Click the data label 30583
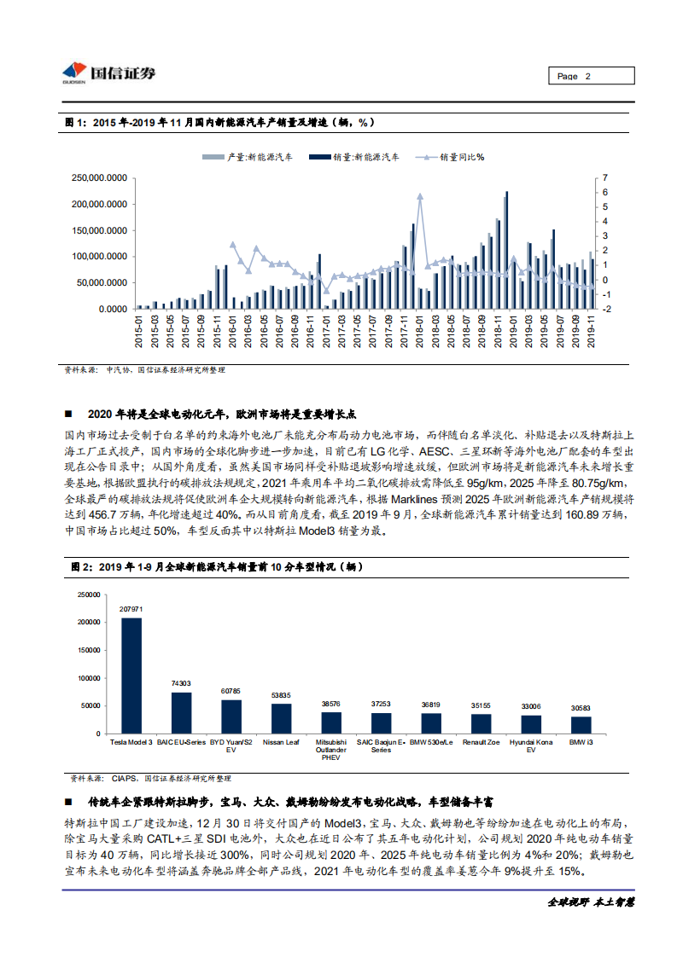[581, 709]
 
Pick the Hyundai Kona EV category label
[531, 746]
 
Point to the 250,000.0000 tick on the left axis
[102, 178]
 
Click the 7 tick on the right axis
[604, 177]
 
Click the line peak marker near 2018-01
[420, 196]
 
